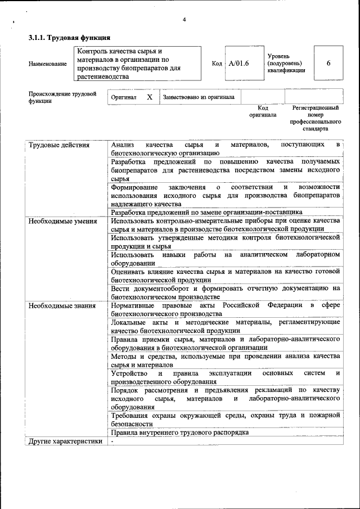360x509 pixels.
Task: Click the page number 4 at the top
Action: point(184,20)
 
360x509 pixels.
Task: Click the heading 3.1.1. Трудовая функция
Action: point(69,38)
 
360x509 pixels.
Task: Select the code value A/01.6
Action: point(238,63)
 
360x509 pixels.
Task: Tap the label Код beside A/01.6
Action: point(217,63)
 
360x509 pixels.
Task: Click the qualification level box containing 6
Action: point(328,63)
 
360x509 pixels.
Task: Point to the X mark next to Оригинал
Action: point(149,97)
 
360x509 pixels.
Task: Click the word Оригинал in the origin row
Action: point(123,97)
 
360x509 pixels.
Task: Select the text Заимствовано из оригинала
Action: point(198,97)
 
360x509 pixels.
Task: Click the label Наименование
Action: point(47,64)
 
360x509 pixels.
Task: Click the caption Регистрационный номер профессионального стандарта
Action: point(315,118)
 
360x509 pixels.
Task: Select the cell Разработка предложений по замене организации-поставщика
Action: point(206,213)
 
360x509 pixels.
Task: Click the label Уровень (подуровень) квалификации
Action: point(286,63)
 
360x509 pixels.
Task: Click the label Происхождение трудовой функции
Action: point(62,97)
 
